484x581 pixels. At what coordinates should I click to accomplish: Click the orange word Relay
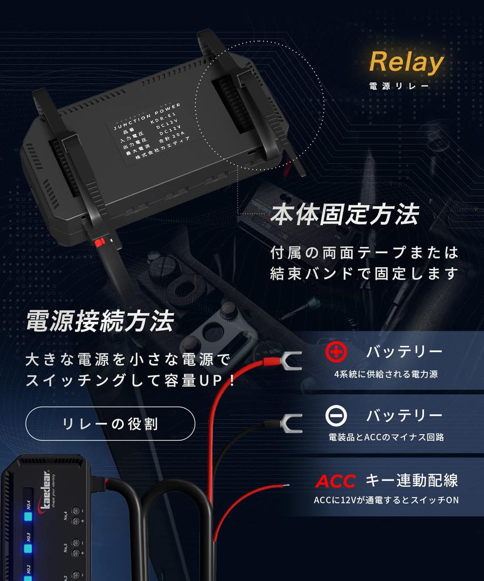click(406, 62)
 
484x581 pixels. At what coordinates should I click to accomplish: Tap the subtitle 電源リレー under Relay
click(399, 87)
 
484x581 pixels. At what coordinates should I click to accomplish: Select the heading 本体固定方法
click(344, 215)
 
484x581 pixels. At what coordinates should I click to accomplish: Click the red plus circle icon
click(336, 352)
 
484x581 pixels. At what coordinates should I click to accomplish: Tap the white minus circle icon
click(336, 416)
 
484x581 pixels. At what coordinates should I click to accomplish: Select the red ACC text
click(335, 481)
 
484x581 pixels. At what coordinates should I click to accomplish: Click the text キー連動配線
click(411, 481)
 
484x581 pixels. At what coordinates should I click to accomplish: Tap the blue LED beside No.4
click(28, 516)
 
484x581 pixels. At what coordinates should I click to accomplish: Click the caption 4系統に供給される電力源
click(386, 374)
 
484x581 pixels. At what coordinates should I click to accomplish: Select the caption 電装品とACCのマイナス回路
click(386, 437)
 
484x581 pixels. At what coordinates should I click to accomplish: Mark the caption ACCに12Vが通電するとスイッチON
click(386, 500)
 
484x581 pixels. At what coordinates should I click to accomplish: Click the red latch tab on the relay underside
click(102, 243)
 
